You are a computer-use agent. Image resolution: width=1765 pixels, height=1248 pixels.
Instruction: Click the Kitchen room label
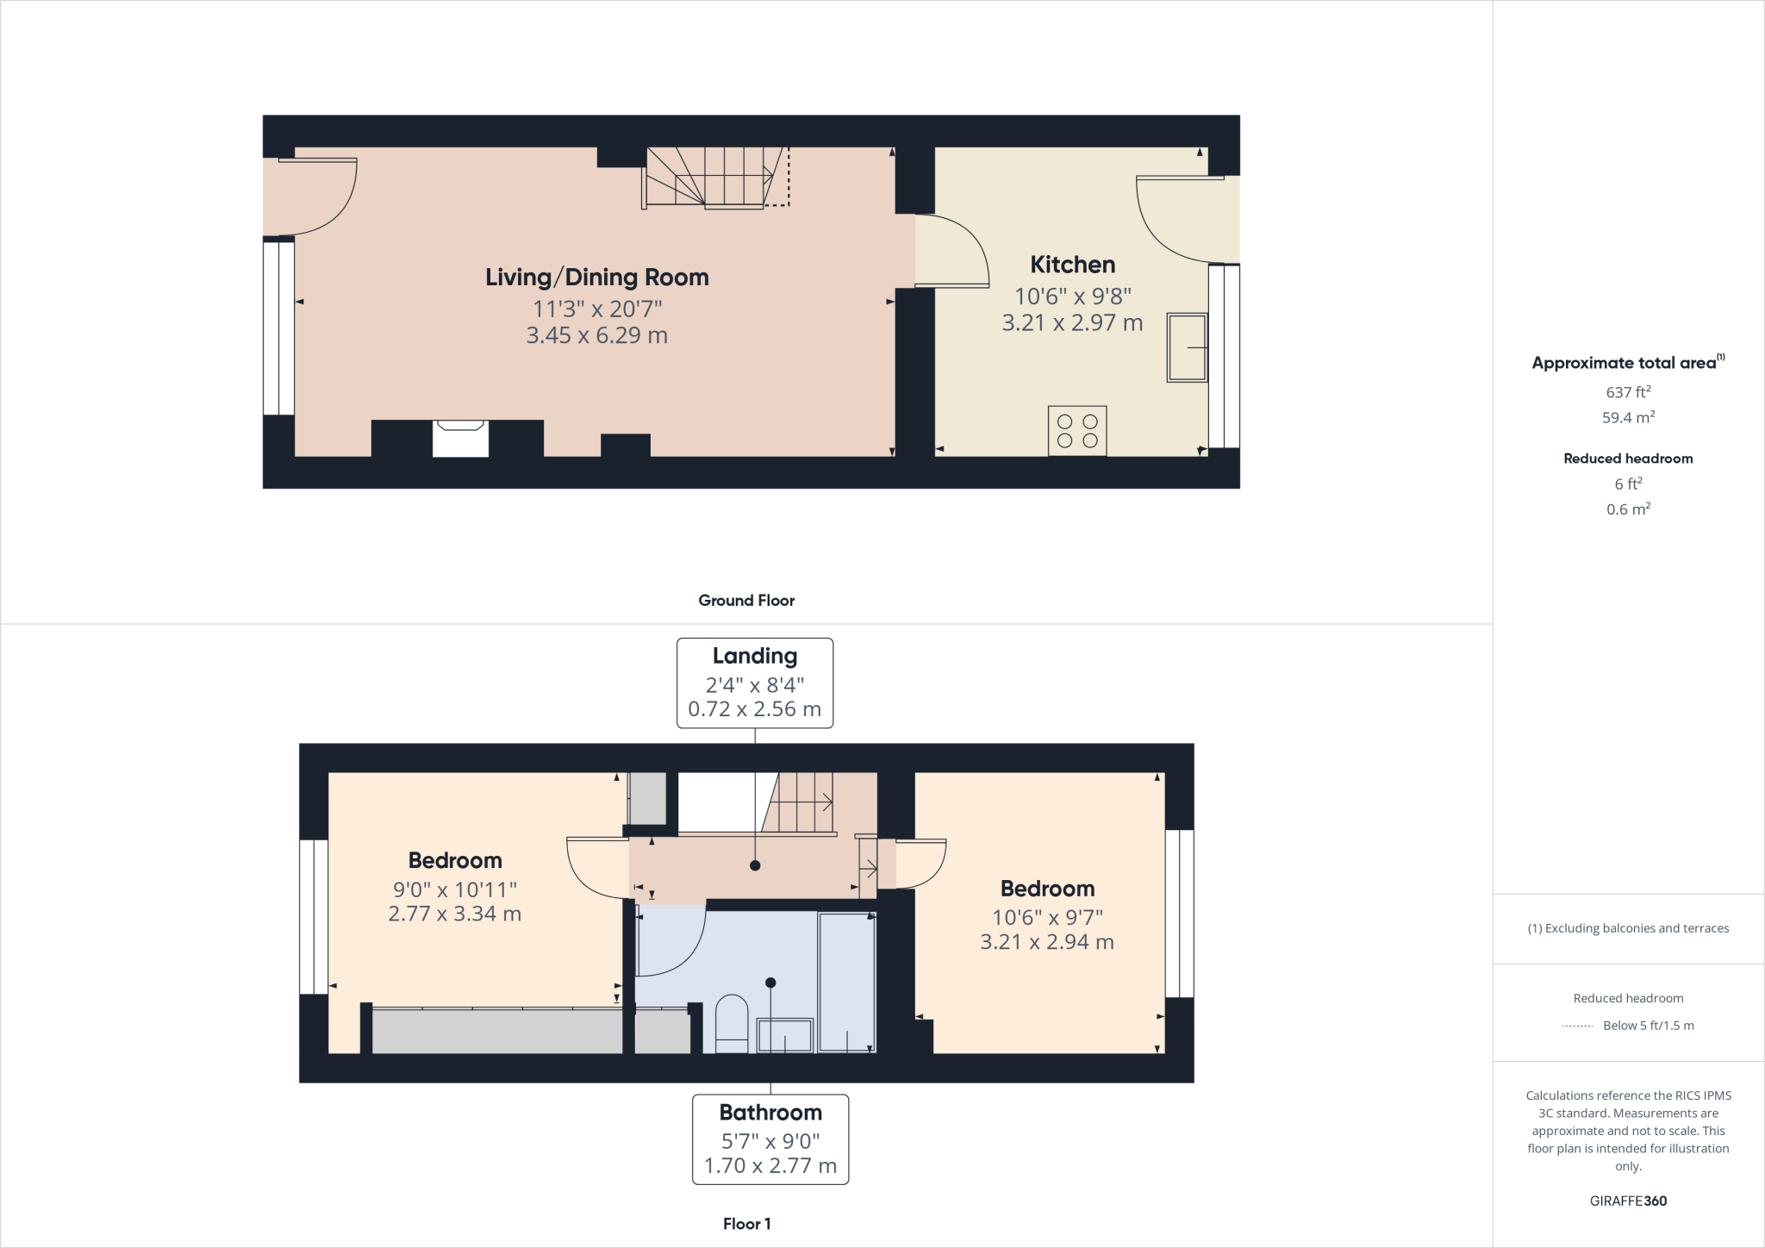[x=1072, y=265]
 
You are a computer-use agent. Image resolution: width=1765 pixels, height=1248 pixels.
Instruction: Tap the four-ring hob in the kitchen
[x=1077, y=431]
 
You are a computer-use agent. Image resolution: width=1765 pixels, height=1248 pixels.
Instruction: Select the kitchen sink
[x=1187, y=347]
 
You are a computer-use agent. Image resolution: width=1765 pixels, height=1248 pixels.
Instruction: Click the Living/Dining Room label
[x=596, y=278]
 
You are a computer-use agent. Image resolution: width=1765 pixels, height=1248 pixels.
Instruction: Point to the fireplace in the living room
[x=460, y=438]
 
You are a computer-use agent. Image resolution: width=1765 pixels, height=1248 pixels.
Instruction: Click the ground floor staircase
[x=714, y=178]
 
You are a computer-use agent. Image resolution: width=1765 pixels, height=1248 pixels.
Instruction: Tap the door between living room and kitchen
[x=951, y=251]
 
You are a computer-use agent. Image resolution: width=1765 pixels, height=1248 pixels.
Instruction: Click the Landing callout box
[x=754, y=683]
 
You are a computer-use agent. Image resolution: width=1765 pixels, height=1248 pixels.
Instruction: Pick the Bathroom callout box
[x=770, y=1139]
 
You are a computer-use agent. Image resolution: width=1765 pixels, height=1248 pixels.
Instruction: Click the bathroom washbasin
[x=784, y=1035]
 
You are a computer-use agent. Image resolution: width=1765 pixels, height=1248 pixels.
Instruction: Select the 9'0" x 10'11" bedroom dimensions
[x=454, y=889]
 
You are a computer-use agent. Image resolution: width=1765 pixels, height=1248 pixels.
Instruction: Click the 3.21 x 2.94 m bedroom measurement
[x=1046, y=942]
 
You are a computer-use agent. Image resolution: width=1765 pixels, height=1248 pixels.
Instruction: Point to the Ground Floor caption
[x=746, y=601]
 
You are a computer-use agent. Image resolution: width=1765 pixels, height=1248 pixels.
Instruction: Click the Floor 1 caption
[x=746, y=1224]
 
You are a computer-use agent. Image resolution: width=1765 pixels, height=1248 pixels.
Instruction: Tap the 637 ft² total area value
[x=1627, y=392]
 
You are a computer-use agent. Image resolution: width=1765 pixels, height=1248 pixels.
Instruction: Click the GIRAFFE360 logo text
[x=1627, y=1201]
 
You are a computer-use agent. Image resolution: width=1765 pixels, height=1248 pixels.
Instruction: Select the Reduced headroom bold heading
[x=1627, y=459]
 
